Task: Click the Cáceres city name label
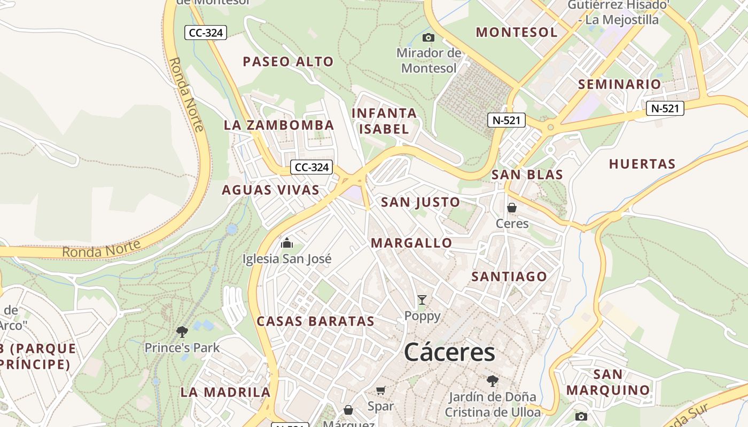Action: pyautogui.click(x=449, y=352)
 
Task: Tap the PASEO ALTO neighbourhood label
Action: pyautogui.click(x=288, y=62)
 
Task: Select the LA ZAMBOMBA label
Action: pyautogui.click(x=278, y=125)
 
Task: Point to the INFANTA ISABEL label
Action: pyautogui.click(x=384, y=121)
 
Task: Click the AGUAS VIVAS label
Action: pyautogui.click(x=270, y=190)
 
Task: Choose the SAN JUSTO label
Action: pyautogui.click(x=420, y=202)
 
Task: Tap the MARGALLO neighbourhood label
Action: pyautogui.click(x=411, y=243)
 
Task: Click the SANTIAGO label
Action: pyautogui.click(x=509, y=276)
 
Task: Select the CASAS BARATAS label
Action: pyautogui.click(x=315, y=321)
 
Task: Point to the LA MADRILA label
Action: pyautogui.click(x=225, y=392)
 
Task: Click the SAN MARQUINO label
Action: pyautogui.click(x=608, y=382)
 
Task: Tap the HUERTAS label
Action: pyautogui.click(x=642, y=164)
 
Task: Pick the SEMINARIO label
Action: pyautogui.click(x=619, y=84)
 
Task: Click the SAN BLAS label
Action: pyautogui.click(x=527, y=175)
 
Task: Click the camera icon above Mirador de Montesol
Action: pyautogui.click(x=428, y=37)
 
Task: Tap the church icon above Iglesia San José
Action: pyautogui.click(x=287, y=243)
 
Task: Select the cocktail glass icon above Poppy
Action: pyautogui.click(x=422, y=300)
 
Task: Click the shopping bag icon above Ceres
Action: pyautogui.click(x=512, y=208)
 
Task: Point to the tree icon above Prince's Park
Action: pyautogui.click(x=182, y=331)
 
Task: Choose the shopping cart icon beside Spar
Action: pyautogui.click(x=381, y=391)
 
